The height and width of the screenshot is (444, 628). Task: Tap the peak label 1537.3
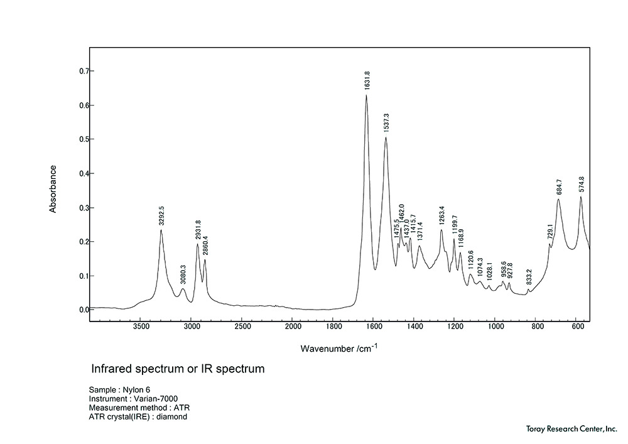(386, 123)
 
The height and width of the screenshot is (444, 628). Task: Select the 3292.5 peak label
(161, 215)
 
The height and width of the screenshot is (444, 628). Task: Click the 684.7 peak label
(559, 187)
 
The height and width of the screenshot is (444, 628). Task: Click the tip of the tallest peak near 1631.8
(366, 95)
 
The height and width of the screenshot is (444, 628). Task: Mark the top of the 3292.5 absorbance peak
(161, 230)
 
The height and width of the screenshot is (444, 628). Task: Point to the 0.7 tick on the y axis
(82, 71)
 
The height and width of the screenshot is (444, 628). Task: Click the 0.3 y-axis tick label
(82, 208)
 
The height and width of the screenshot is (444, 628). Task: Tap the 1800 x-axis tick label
(333, 327)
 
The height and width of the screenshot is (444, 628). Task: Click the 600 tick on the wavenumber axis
(577, 327)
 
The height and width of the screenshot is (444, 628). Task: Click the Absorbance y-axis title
(53, 189)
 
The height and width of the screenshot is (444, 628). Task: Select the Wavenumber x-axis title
(339, 347)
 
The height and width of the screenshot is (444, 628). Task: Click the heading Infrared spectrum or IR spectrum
(178, 369)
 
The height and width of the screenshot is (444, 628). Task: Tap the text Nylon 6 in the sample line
(137, 390)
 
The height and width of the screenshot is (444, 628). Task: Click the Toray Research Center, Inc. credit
(571, 428)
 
